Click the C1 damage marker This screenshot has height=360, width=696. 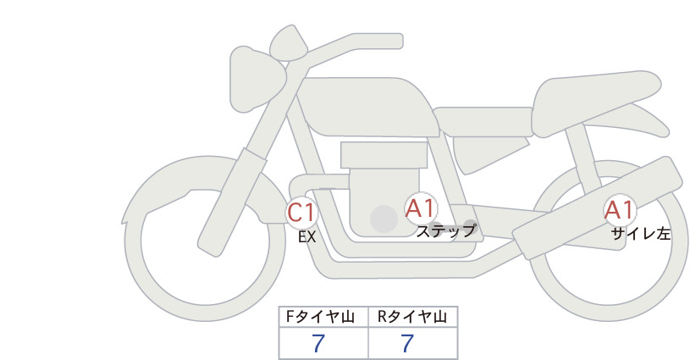click(301, 213)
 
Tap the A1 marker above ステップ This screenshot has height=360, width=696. click(420, 208)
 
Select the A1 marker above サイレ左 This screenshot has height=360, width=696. click(620, 210)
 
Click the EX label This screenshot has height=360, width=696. click(307, 237)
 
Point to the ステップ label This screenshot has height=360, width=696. click(445, 231)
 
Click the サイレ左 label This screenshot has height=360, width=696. click(640, 234)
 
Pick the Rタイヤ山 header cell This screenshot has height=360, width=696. click(413, 317)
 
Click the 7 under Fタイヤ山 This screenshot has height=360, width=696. click(318, 343)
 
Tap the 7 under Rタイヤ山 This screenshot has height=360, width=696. click(407, 343)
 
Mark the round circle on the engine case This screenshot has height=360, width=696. click(384, 219)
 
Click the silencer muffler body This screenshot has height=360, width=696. click(597, 208)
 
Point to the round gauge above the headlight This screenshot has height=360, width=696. click(289, 42)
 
